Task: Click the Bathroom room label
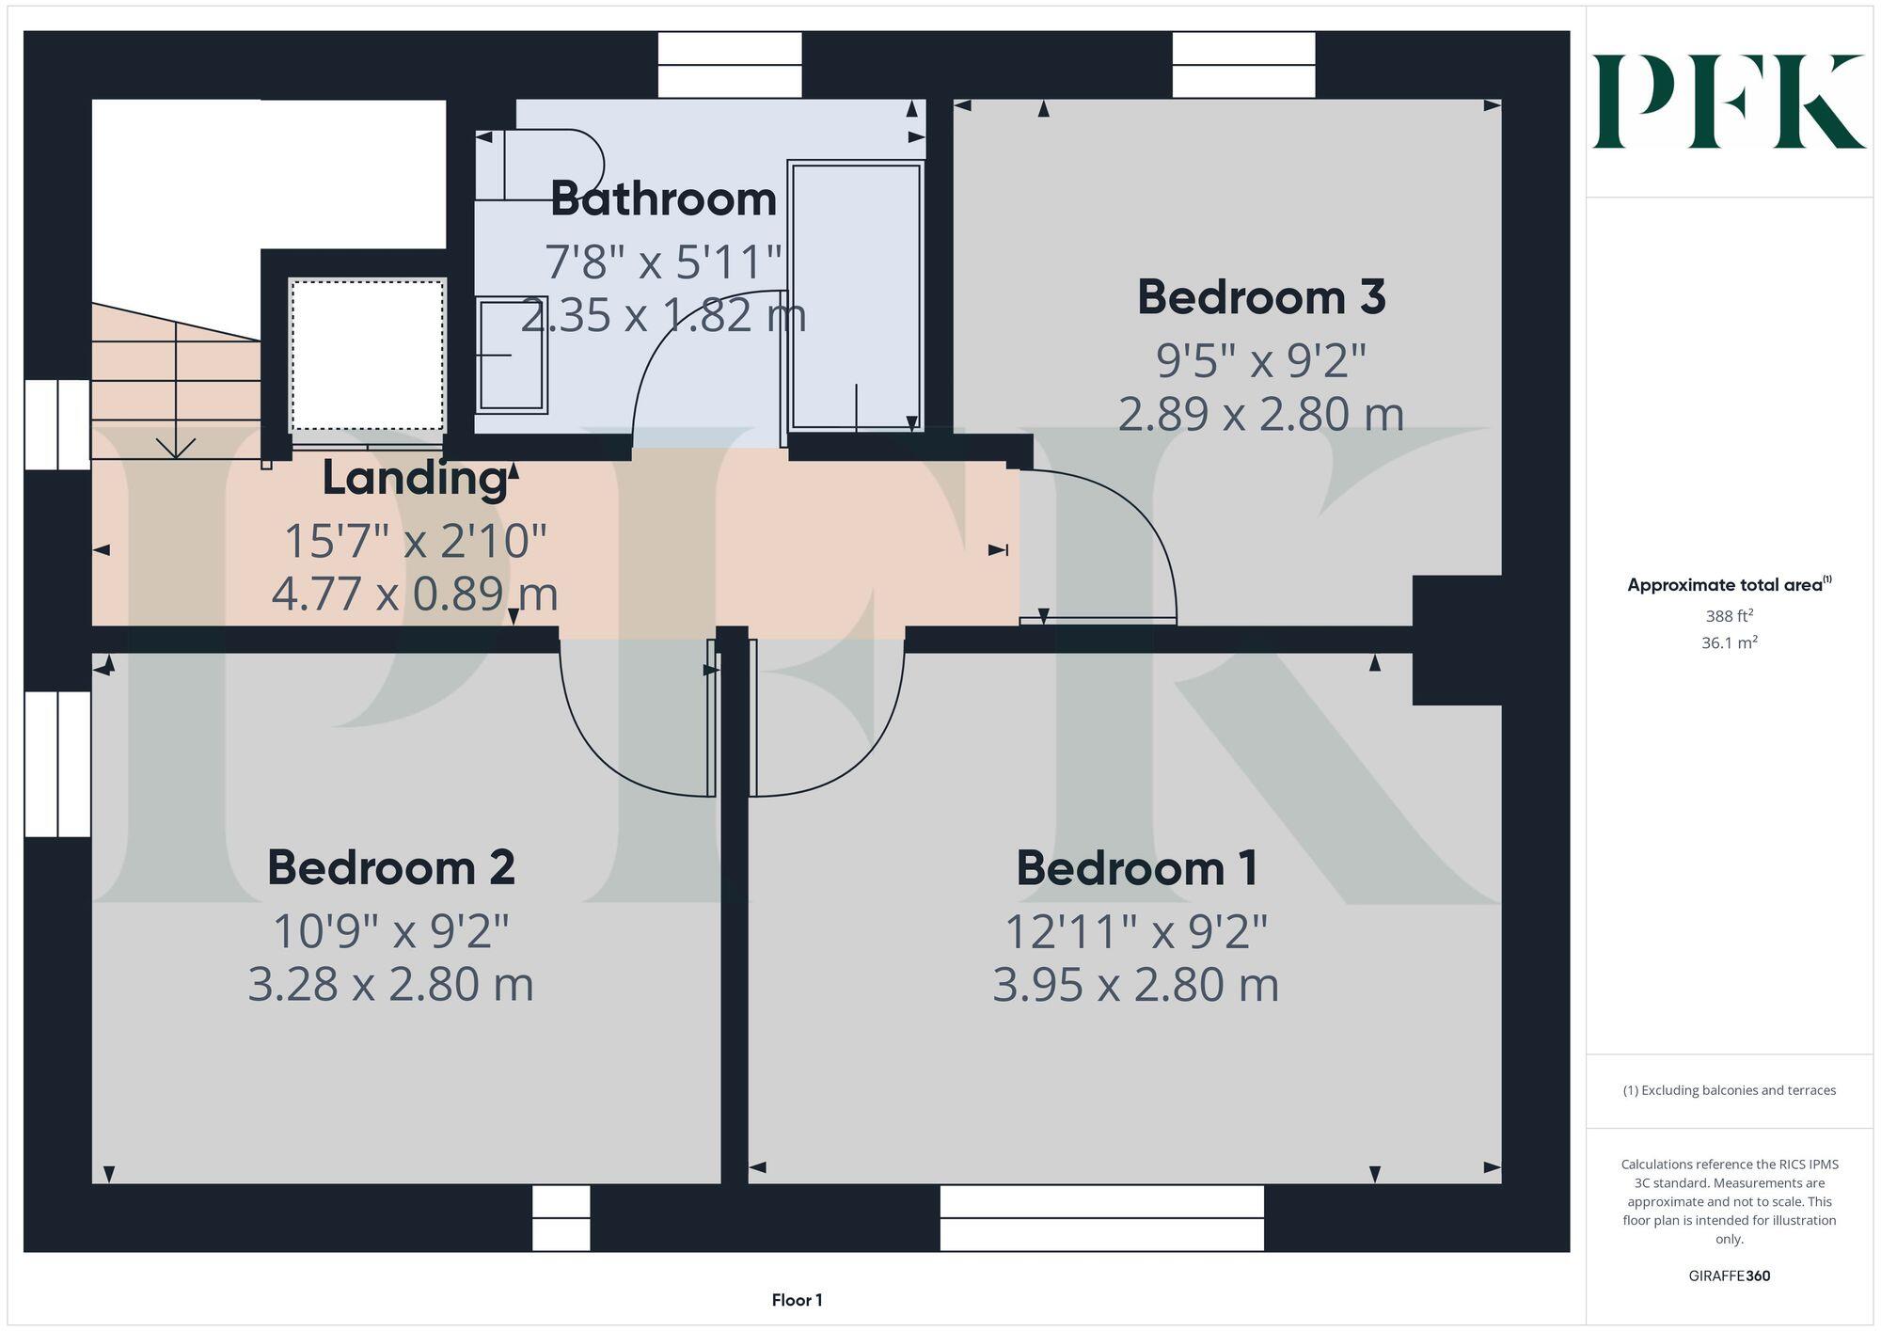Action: coord(663,199)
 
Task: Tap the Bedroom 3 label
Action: coord(1260,297)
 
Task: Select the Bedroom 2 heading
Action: coord(390,867)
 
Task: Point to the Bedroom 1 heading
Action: coord(1136,867)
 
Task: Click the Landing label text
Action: coord(415,478)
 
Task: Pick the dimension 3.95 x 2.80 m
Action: coord(1135,985)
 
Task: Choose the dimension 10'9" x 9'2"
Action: coord(390,931)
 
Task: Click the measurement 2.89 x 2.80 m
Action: coord(1260,414)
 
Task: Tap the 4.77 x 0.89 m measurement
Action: coord(415,594)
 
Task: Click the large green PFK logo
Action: coord(1729,102)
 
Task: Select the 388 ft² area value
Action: coord(1729,616)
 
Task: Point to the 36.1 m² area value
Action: coord(1729,643)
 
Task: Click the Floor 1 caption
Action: coord(797,1300)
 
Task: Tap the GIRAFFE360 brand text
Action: coord(1729,1276)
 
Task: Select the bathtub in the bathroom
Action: coord(855,296)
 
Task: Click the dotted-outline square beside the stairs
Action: coord(367,355)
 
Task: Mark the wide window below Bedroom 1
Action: coord(1101,1217)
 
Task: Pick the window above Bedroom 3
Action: coord(1242,65)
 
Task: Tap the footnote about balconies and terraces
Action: coord(1729,1090)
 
